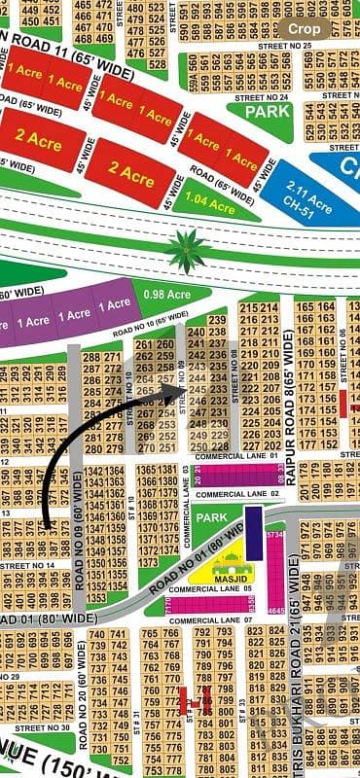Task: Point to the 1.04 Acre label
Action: coord(208,205)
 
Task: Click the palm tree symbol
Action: coord(187,250)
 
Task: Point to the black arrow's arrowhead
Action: coord(178,392)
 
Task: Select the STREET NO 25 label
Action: coord(285,46)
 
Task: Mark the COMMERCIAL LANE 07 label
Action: coord(223,619)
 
